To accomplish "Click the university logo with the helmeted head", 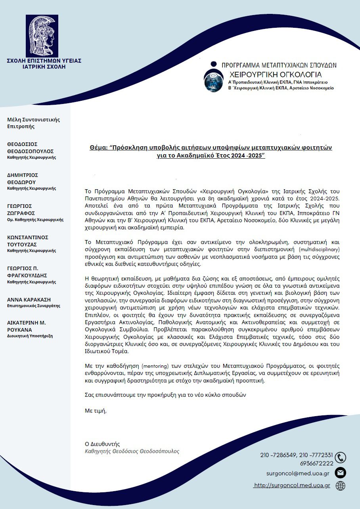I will tap(42, 36).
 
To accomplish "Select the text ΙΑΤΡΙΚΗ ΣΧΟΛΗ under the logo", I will tap(44, 67).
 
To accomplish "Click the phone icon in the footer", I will tap(340, 457).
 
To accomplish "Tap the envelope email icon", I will tap(340, 473).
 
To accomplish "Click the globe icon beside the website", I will tap(340, 486).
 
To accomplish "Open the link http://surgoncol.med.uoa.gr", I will tap(292, 486).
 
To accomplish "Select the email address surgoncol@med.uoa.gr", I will tap(298, 473).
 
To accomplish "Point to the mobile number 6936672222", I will tap(317, 463).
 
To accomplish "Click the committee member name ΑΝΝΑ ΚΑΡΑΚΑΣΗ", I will tap(29, 300).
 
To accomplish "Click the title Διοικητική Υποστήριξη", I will tap(30, 336).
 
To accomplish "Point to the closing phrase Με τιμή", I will tap(96, 410).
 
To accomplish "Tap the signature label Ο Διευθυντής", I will tap(102, 444).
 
